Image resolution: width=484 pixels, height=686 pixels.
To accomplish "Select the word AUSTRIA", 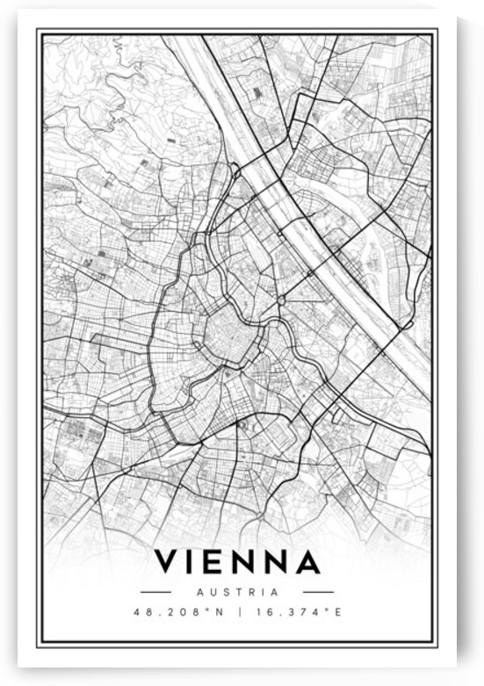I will [238, 592].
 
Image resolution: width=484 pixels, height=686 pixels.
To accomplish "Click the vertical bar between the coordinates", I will [239, 611].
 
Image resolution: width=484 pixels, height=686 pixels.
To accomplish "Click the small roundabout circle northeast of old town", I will [280, 300].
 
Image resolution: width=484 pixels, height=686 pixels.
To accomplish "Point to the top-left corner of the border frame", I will [37, 29].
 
